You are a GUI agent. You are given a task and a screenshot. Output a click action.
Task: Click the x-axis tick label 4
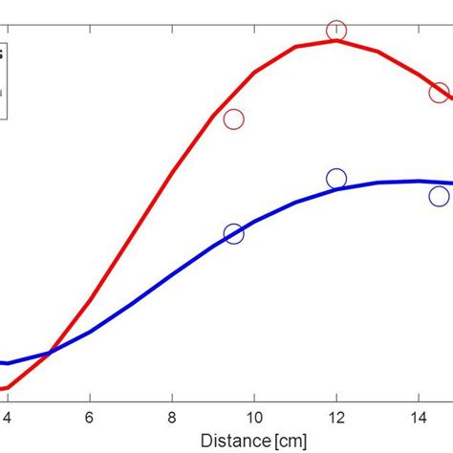(x=8, y=418)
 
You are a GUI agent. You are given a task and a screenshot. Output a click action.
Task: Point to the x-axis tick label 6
(x=90, y=418)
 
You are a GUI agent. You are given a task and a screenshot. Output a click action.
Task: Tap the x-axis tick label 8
(x=172, y=418)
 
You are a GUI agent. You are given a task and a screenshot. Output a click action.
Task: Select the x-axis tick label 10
(x=254, y=418)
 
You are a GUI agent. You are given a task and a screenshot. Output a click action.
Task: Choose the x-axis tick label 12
(x=336, y=418)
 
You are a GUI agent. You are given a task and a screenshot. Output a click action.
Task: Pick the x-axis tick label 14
(x=419, y=418)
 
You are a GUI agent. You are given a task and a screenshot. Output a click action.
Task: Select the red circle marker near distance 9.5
(x=233, y=119)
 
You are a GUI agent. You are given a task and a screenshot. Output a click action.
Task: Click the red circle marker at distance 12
(x=336, y=31)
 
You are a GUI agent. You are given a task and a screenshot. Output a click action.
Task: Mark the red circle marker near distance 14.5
(x=439, y=92)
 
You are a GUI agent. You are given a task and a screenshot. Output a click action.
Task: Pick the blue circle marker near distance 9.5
(x=233, y=234)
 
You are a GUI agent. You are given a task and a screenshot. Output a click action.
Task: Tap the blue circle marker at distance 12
(x=336, y=179)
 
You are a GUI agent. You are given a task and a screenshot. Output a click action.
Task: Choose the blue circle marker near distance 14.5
(x=439, y=196)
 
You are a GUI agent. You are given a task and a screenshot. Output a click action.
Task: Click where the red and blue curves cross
(x=49, y=353)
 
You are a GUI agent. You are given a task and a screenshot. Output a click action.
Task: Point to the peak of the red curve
(x=336, y=40)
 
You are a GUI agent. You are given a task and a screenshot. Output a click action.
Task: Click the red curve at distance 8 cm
(x=172, y=174)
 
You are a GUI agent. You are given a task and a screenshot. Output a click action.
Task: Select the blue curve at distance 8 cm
(x=172, y=275)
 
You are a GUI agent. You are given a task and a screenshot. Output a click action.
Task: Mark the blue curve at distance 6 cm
(x=90, y=332)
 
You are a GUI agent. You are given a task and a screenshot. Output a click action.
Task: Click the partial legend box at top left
(x=5, y=80)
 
